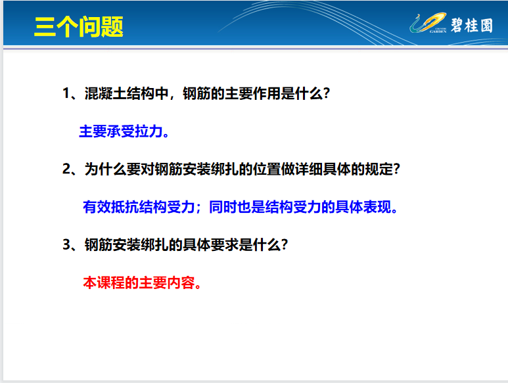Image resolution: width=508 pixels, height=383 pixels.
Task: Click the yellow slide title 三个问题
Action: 78,26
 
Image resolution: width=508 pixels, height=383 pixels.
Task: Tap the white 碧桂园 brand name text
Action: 472,25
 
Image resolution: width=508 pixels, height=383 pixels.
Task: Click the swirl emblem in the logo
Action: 428,22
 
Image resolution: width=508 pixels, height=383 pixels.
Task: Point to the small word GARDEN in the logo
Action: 438,32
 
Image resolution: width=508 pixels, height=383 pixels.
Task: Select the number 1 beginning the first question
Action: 66,93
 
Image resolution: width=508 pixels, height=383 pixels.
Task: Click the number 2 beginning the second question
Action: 66,169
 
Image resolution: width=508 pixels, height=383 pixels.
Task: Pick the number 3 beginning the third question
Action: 66,244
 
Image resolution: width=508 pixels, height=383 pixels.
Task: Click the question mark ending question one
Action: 327,93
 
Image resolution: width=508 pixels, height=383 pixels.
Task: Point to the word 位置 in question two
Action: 267,169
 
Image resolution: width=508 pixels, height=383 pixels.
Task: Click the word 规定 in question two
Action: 379,169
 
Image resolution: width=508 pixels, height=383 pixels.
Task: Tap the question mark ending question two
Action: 397,169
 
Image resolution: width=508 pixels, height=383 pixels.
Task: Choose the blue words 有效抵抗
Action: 111,207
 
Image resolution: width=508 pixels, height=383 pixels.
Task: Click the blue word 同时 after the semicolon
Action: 223,207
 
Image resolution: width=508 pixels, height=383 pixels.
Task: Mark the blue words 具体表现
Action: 363,207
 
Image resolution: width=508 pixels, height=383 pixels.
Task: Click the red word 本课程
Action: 104,282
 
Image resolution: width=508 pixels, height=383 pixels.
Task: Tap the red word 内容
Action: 181,282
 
